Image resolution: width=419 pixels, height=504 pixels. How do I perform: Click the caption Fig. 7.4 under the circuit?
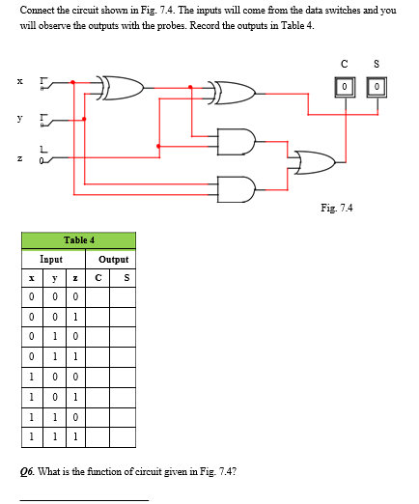click(x=337, y=208)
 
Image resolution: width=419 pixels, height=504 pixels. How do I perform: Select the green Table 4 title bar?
click(x=79, y=239)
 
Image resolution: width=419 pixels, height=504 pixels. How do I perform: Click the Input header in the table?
click(x=52, y=259)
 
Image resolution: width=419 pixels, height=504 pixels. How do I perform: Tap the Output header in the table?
click(x=113, y=259)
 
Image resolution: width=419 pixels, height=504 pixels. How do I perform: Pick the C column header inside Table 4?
click(x=101, y=278)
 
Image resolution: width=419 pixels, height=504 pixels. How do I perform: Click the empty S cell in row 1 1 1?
click(x=124, y=434)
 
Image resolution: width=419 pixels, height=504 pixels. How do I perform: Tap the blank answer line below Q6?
click(x=85, y=498)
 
